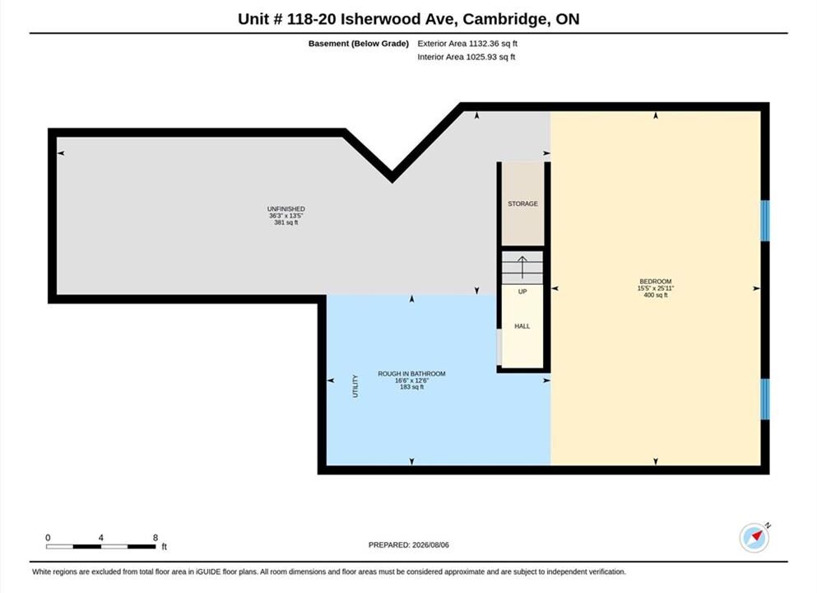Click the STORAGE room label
pyautogui.click(x=522, y=203)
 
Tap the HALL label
pyautogui.click(x=522, y=326)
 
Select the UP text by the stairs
pyautogui.click(x=522, y=292)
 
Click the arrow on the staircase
pyautogui.click(x=522, y=267)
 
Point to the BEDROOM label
pyautogui.click(x=656, y=281)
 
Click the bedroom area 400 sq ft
pyautogui.click(x=656, y=295)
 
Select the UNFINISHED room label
pyautogui.click(x=286, y=208)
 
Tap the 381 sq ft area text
pyautogui.click(x=286, y=222)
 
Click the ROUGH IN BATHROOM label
pyautogui.click(x=411, y=373)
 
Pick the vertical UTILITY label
pyautogui.click(x=355, y=386)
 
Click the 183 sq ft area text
pyautogui.click(x=411, y=387)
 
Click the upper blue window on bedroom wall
pyautogui.click(x=765, y=221)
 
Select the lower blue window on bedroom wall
pyautogui.click(x=765, y=399)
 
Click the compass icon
pyautogui.click(x=754, y=537)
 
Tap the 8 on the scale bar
pyautogui.click(x=156, y=538)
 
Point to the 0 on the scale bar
pyautogui.click(x=48, y=538)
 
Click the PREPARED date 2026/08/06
pyautogui.click(x=430, y=545)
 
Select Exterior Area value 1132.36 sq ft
pyautogui.click(x=493, y=44)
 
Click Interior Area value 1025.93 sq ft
pyautogui.click(x=490, y=57)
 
